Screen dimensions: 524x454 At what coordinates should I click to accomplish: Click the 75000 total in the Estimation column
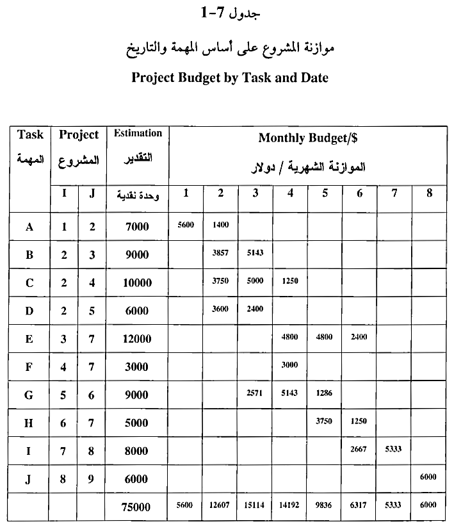[137, 507]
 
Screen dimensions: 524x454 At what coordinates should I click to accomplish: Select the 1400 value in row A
[220, 225]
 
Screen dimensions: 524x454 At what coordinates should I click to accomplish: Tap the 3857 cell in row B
[220, 253]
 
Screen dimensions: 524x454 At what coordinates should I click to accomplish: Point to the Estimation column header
[138, 133]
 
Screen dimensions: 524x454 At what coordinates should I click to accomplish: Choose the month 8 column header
[428, 192]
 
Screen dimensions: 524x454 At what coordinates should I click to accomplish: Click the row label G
[29, 395]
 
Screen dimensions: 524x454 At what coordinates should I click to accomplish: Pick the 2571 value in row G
[255, 393]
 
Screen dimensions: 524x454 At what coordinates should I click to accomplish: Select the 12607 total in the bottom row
[220, 505]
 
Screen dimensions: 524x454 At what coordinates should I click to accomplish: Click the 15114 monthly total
[255, 505]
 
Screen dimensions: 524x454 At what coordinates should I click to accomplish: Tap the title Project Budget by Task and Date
[229, 78]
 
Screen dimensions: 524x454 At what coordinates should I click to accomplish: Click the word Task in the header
[30, 135]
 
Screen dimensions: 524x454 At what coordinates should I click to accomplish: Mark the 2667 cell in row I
[359, 450]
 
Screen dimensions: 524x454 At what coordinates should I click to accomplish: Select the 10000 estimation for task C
[137, 283]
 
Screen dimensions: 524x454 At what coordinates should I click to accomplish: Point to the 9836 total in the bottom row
[325, 505]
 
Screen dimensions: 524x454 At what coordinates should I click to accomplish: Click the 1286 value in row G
[325, 393]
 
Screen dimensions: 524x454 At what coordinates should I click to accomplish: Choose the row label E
[29, 339]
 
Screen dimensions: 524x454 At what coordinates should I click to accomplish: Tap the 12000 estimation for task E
[137, 339]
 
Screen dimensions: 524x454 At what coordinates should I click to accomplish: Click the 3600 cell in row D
[220, 309]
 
